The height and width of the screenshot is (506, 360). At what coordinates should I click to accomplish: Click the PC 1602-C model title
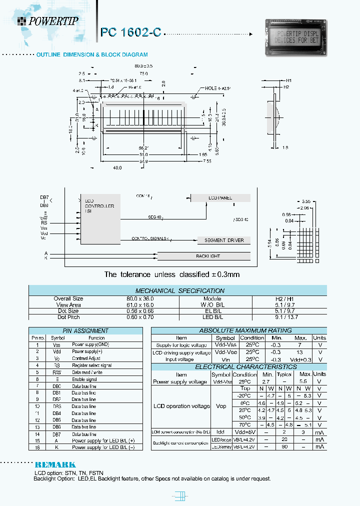[x=130, y=32]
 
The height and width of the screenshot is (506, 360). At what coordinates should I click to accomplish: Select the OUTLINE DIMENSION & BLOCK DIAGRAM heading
[x=92, y=54]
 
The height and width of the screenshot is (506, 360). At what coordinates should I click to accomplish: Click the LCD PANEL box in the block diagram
[x=220, y=198]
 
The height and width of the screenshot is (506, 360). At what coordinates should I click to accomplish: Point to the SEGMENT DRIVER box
[x=223, y=240]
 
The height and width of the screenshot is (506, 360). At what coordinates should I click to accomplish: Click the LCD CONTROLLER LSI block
[x=99, y=218]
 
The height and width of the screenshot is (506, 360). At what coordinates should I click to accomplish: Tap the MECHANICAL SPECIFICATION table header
[x=179, y=290]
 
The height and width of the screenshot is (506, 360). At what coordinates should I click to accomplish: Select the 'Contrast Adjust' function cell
[x=86, y=358]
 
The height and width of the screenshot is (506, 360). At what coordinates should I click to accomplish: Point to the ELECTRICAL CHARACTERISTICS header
[x=238, y=367]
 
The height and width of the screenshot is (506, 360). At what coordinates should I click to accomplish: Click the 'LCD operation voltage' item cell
[x=181, y=406]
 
